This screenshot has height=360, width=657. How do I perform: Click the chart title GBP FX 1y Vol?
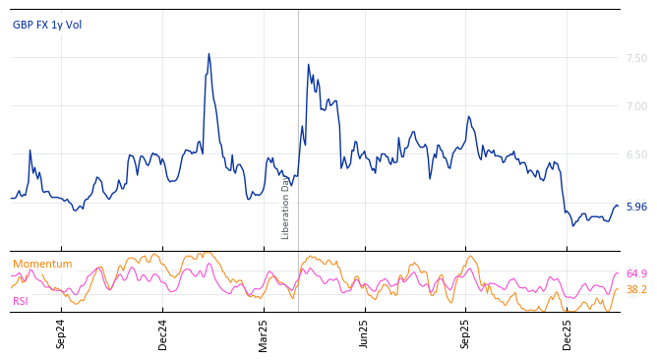tap(47, 25)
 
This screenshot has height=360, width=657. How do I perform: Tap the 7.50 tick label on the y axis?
tap(636, 58)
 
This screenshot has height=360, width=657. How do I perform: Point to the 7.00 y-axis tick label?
tap(636, 106)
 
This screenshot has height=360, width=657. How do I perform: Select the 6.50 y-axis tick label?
tap(636, 154)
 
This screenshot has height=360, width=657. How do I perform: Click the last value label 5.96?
tap(636, 207)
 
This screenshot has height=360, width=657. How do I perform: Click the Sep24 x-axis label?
tap(61, 334)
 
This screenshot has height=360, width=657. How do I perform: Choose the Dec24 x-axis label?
tap(163, 334)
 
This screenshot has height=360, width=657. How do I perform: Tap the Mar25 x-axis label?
tap(264, 334)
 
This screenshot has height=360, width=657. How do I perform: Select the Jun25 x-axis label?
tap(365, 334)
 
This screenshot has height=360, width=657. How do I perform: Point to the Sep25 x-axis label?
tap(466, 334)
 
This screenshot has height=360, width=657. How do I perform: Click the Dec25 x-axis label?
tap(567, 334)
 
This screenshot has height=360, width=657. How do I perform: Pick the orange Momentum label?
tap(42, 264)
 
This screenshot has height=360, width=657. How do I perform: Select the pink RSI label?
tap(21, 301)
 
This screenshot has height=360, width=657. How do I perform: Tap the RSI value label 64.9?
tap(636, 273)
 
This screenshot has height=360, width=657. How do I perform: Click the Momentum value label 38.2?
tap(636, 289)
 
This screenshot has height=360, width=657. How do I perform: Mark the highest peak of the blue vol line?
tap(209, 54)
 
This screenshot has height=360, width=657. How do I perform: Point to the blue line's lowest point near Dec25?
tap(573, 225)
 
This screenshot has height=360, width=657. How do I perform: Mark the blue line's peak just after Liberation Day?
tap(308, 65)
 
